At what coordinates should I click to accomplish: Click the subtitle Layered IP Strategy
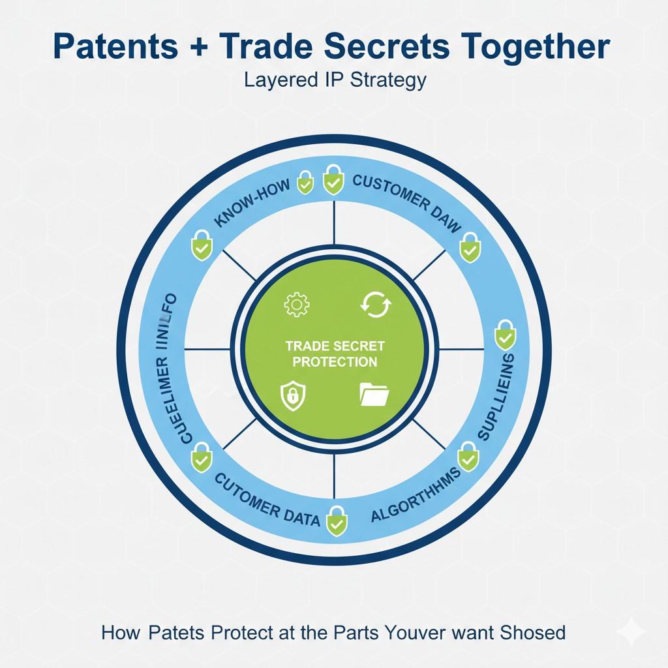click(x=335, y=80)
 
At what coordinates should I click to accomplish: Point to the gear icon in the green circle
click(x=297, y=305)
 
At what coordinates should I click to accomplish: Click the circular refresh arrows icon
click(x=375, y=305)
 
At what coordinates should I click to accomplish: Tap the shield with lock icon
click(x=291, y=395)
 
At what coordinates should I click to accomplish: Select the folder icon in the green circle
click(x=374, y=395)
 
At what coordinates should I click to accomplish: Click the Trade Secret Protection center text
click(x=335, y=353)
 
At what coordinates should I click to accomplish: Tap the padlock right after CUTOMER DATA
click(x=337, y=520)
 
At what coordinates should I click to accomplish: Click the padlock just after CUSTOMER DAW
click(x=468, y=247)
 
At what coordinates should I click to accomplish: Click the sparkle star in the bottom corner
click(x=631, y=632)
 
